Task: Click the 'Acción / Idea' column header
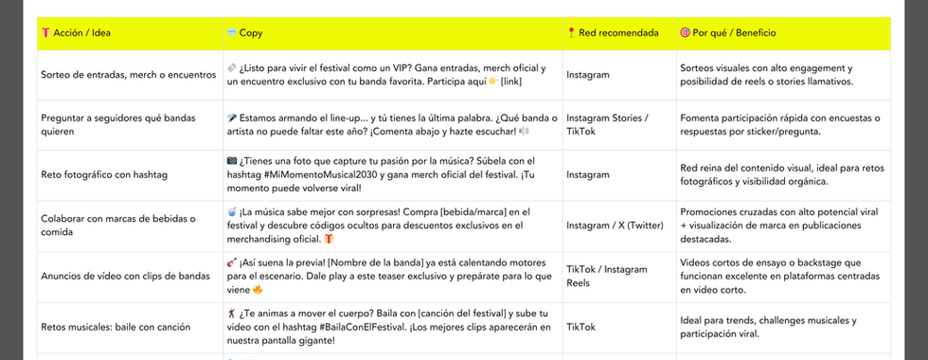coord(81,33)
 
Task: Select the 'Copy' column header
coord(251,33)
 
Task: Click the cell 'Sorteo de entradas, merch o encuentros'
coord(129,75)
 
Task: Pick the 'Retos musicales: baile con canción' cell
coord(116,328)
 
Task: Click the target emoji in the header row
coord(685,33)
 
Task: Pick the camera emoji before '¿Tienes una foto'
coord(232,160)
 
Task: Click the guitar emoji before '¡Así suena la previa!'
coord(232,261)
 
